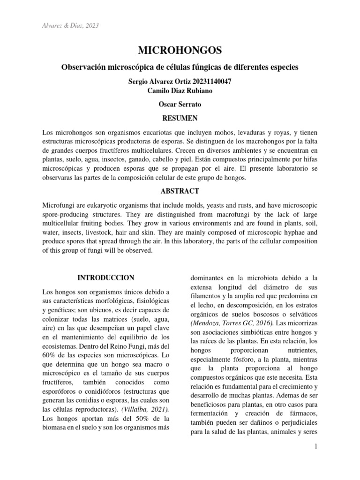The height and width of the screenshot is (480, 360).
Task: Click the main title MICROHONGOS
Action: click(x=180, y=50)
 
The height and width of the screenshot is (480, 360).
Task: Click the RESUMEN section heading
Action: click(x=180, y=118)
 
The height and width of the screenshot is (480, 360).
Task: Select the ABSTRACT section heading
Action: click(x=180, y=191)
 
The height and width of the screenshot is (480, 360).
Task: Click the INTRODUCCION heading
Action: click(x=105, y=277)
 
